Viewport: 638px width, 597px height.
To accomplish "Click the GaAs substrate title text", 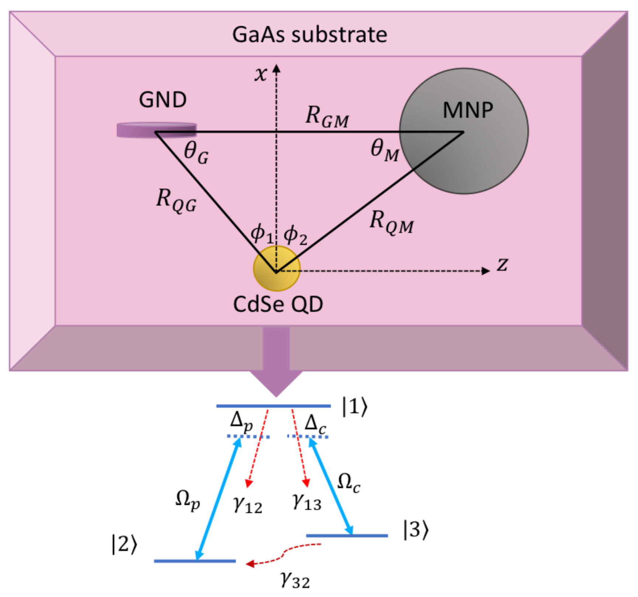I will coord(309,35).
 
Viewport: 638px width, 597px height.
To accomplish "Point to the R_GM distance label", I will coord(327,117).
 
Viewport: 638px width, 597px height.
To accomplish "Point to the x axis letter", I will coord(261,74).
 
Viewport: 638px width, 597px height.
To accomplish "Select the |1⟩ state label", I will coord(355,407).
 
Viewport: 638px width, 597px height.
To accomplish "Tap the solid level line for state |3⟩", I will coord(347,535).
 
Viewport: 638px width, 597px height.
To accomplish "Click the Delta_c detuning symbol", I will coord(315,424).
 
